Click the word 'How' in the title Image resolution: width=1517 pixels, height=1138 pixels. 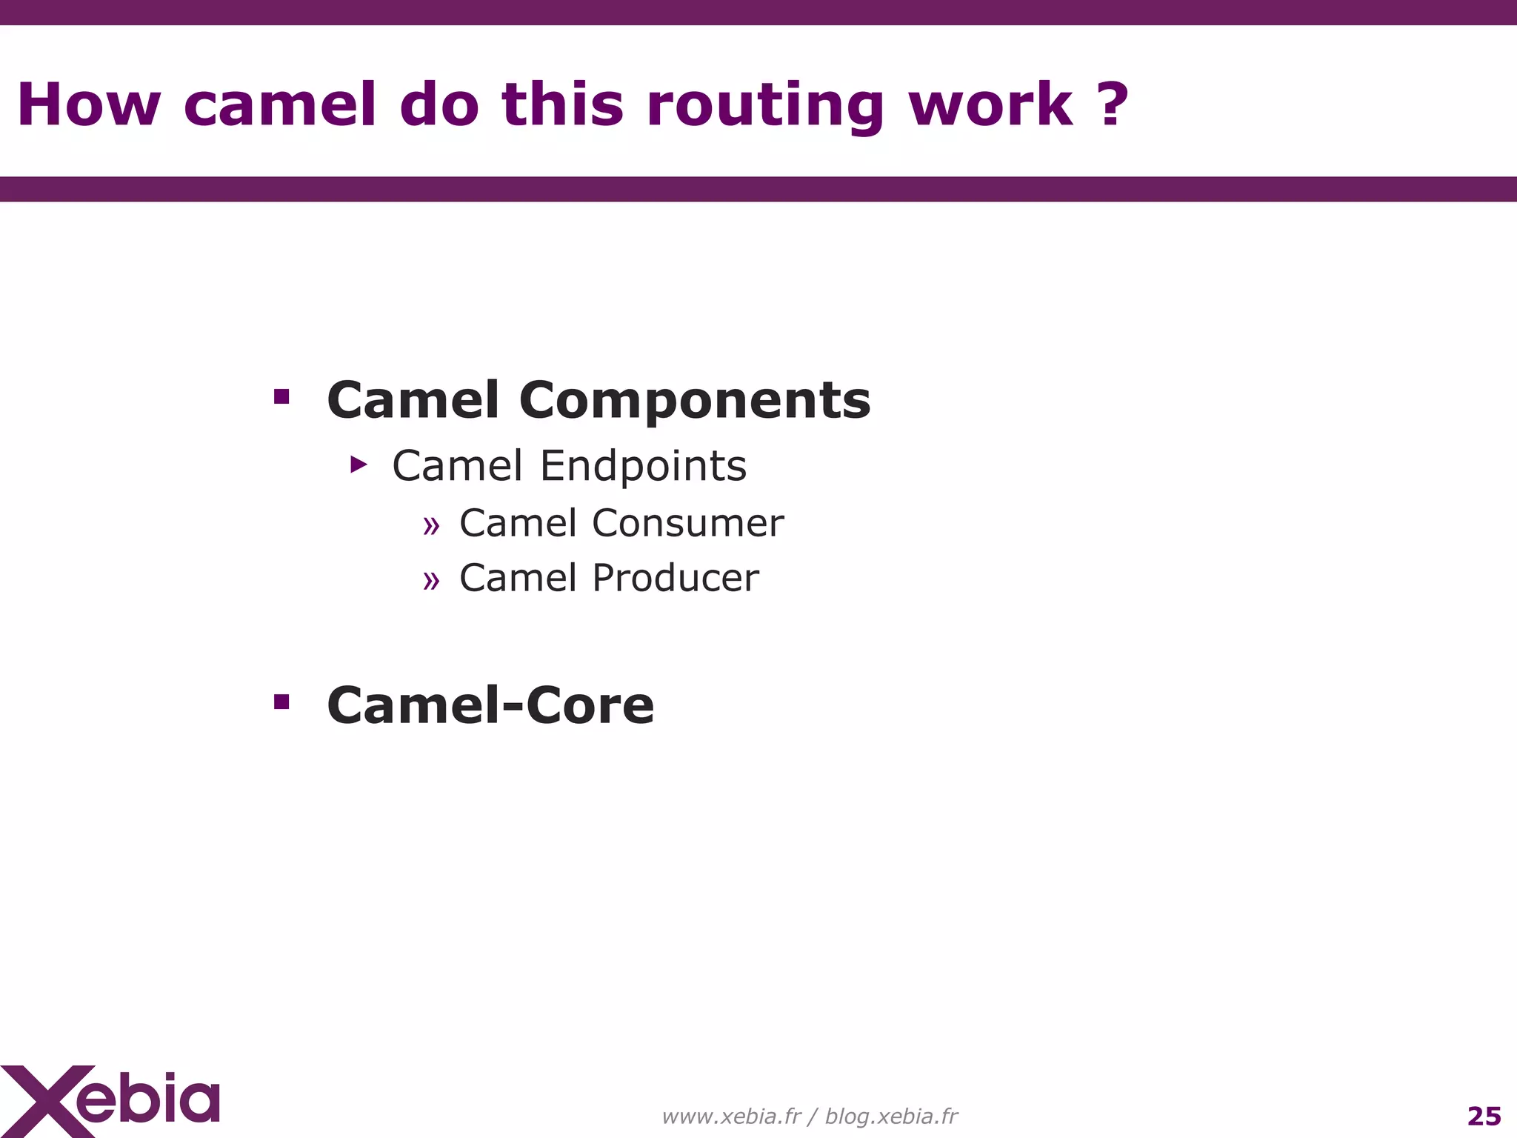click(88, 104)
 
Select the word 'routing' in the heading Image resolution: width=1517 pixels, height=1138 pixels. click(765, 106)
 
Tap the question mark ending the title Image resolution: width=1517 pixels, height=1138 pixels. click(1113, 104)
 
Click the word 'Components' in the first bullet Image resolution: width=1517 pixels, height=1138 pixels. click(695, 400)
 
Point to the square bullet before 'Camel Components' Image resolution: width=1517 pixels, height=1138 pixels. click(281, 396)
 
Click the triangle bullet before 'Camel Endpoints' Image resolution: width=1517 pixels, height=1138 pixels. click(359, 465)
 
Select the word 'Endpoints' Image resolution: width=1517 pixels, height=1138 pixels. click(643, 466)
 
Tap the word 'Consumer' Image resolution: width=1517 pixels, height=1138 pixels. click(687, 523)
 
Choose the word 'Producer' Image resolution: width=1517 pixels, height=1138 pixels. click(676, 578)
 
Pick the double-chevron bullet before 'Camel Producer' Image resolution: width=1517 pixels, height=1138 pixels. click(431, 581)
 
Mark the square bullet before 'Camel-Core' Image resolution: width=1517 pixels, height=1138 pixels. click(281, 701)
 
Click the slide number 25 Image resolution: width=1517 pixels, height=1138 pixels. click(1484, 1116)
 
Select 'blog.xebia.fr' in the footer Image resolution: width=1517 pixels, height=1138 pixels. click(891, 1116)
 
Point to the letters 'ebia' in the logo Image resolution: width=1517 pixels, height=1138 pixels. click(148, 1099)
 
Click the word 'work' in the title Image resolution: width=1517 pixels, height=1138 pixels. click(990, 104)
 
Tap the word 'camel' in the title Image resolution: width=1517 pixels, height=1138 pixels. click(280, 104)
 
